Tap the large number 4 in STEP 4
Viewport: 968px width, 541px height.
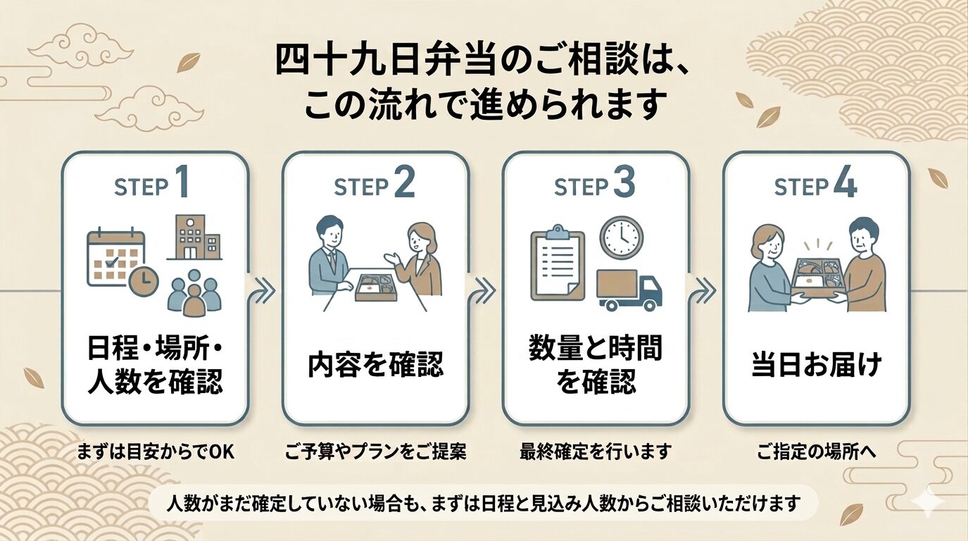[844, 185]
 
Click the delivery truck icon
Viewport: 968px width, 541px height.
[629, 290]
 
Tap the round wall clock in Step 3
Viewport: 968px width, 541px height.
[621, 237]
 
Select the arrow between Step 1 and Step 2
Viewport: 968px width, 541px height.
[265, 290]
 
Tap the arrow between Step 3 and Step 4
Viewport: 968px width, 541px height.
[706, 290]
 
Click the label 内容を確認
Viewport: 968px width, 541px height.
[376, 365]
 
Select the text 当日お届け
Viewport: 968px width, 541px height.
[817, 366]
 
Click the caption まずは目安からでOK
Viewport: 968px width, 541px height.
[155, 452]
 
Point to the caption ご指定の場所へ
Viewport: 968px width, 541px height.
[817, 452]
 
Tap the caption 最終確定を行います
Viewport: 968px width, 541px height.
[596, 452]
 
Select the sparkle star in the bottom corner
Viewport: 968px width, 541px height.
[928, 500]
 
